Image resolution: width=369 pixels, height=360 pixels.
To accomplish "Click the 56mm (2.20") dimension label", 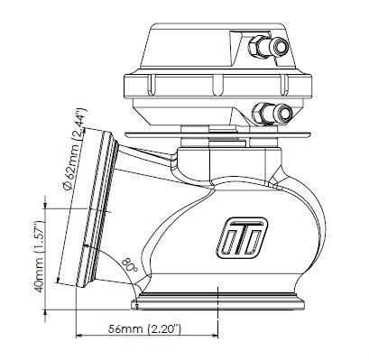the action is coord(144,328).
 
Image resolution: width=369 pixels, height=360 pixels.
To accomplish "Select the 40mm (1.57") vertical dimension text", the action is coord(39,256).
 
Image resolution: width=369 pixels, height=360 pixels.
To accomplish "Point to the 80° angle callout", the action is coord(129,265).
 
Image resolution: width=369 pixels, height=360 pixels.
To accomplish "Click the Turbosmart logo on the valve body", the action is coord(243,238).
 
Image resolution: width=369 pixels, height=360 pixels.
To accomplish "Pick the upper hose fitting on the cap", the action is coord(269,47).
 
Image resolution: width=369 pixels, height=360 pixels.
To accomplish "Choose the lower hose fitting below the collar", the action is coord(272,113).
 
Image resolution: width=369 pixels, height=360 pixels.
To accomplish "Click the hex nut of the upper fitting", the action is coord(256,47).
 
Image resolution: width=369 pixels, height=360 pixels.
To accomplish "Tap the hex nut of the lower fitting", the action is coord(261,113).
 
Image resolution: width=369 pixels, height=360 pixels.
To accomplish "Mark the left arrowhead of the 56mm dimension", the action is coord(78,336).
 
